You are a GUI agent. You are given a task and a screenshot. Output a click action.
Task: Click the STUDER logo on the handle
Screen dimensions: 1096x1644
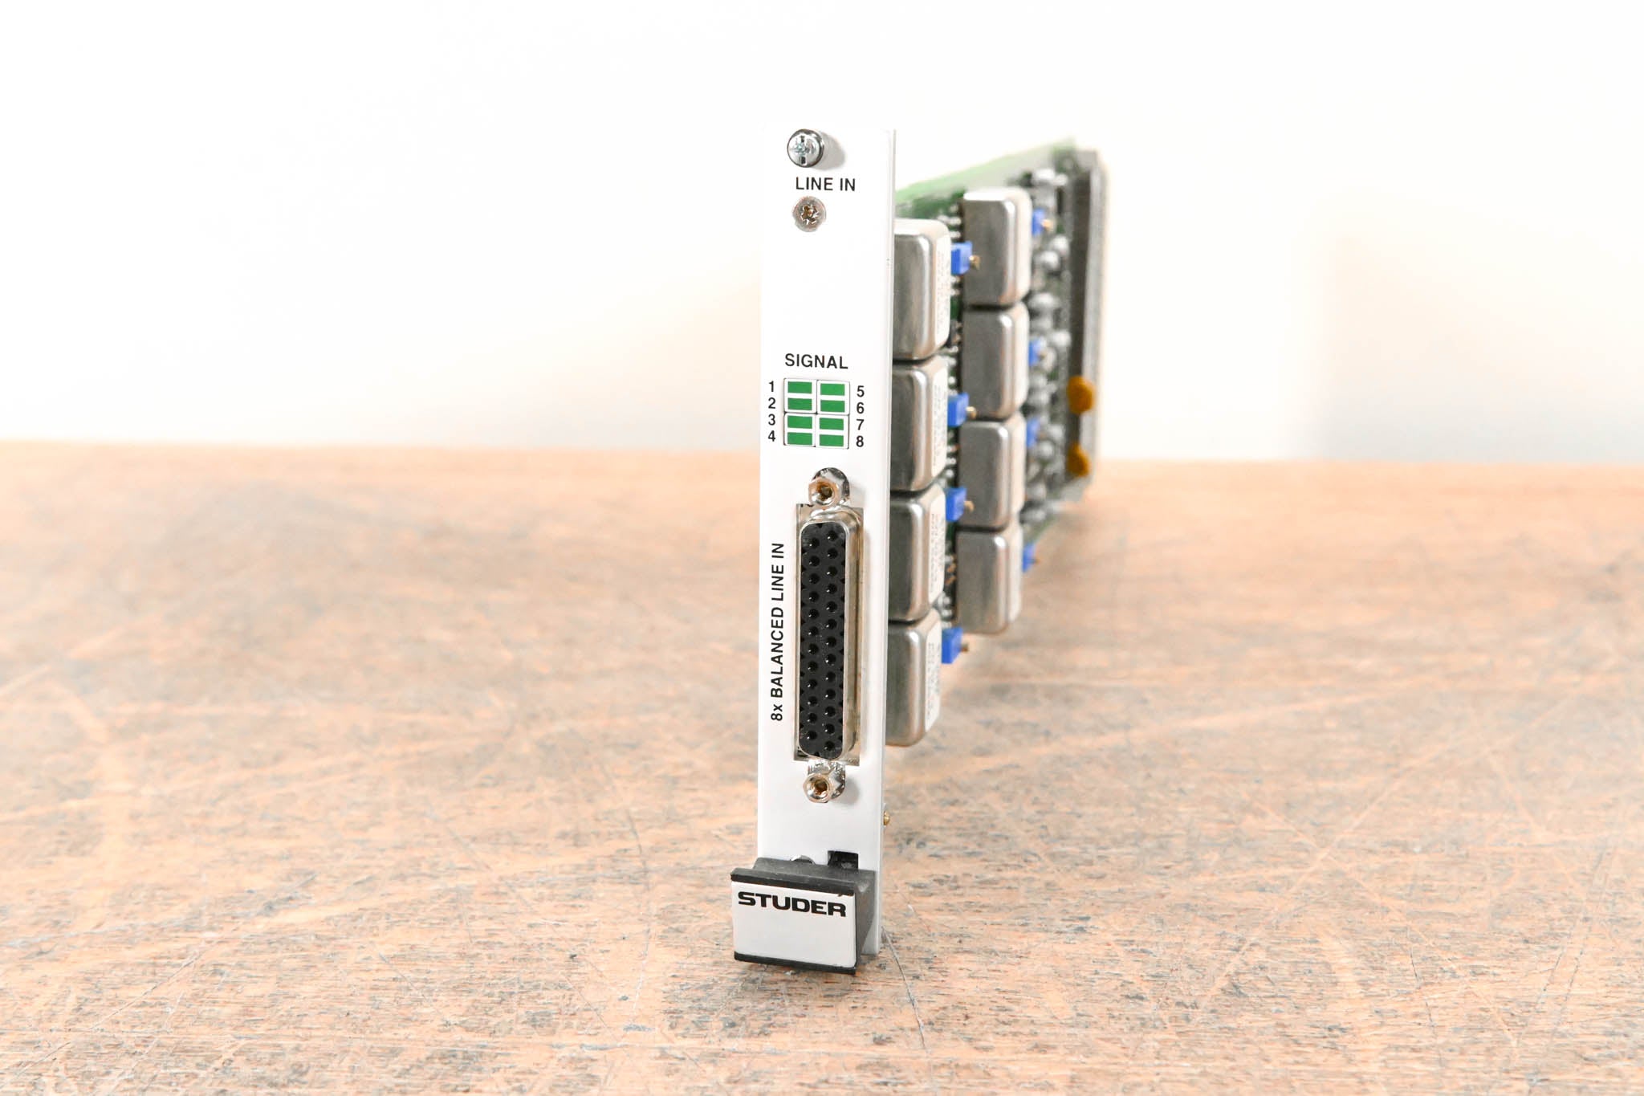click(x=791, y=902)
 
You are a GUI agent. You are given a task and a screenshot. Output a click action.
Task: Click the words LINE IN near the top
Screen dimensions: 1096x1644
click(x=825, y=184)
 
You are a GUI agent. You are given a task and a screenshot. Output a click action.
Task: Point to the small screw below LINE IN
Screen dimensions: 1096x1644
click(x=808, y=214)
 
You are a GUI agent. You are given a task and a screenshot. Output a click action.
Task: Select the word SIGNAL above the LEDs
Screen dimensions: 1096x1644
click(x=816, y=362)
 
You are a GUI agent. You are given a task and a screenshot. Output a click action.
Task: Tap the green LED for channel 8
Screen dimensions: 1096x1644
click(x=832, y=439)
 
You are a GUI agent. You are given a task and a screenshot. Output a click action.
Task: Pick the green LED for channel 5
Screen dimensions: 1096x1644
click(x=832, y=390)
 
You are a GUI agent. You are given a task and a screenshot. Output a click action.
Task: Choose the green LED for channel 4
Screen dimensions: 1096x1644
click(x=800, y=438)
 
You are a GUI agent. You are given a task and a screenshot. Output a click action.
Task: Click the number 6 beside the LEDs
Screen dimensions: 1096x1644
click(x=860, y=408)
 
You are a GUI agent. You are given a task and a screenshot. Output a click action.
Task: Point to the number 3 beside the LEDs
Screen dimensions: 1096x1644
click(x=771, y=420)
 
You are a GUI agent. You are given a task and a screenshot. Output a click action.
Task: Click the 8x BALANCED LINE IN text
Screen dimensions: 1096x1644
click(x=777, y=632)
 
